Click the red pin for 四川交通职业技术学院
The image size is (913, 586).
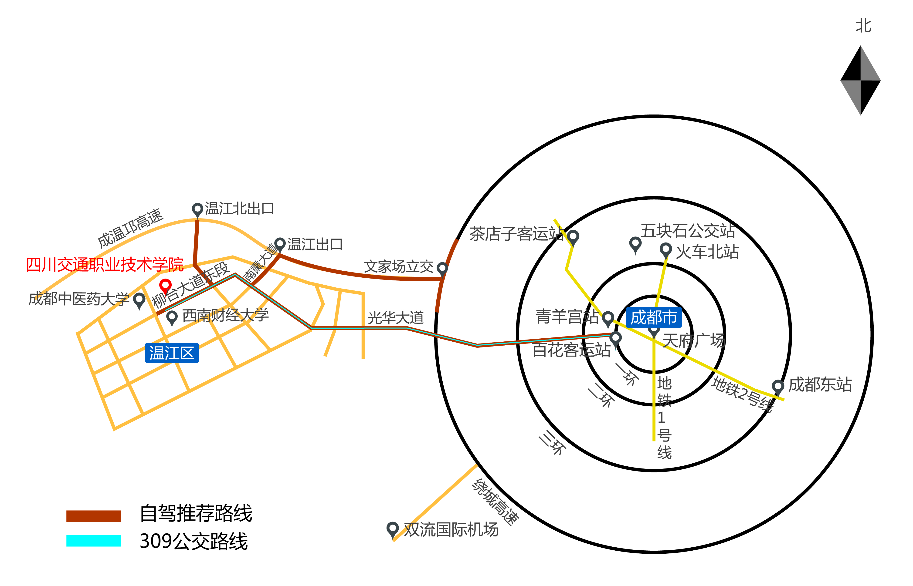point(165,285)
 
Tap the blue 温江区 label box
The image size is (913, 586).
point(172,353)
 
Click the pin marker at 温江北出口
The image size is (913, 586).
point(197,209)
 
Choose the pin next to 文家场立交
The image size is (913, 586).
point(442,268)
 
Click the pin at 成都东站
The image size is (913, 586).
point(778,386)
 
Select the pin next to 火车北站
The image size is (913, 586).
point(665,250)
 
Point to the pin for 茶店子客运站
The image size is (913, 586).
point(573,237)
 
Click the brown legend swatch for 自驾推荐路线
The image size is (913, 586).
point(94,516)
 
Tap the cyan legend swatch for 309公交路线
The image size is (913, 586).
point(94,541)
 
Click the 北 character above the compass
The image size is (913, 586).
point(863,26)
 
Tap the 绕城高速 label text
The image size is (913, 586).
point(495,502)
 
